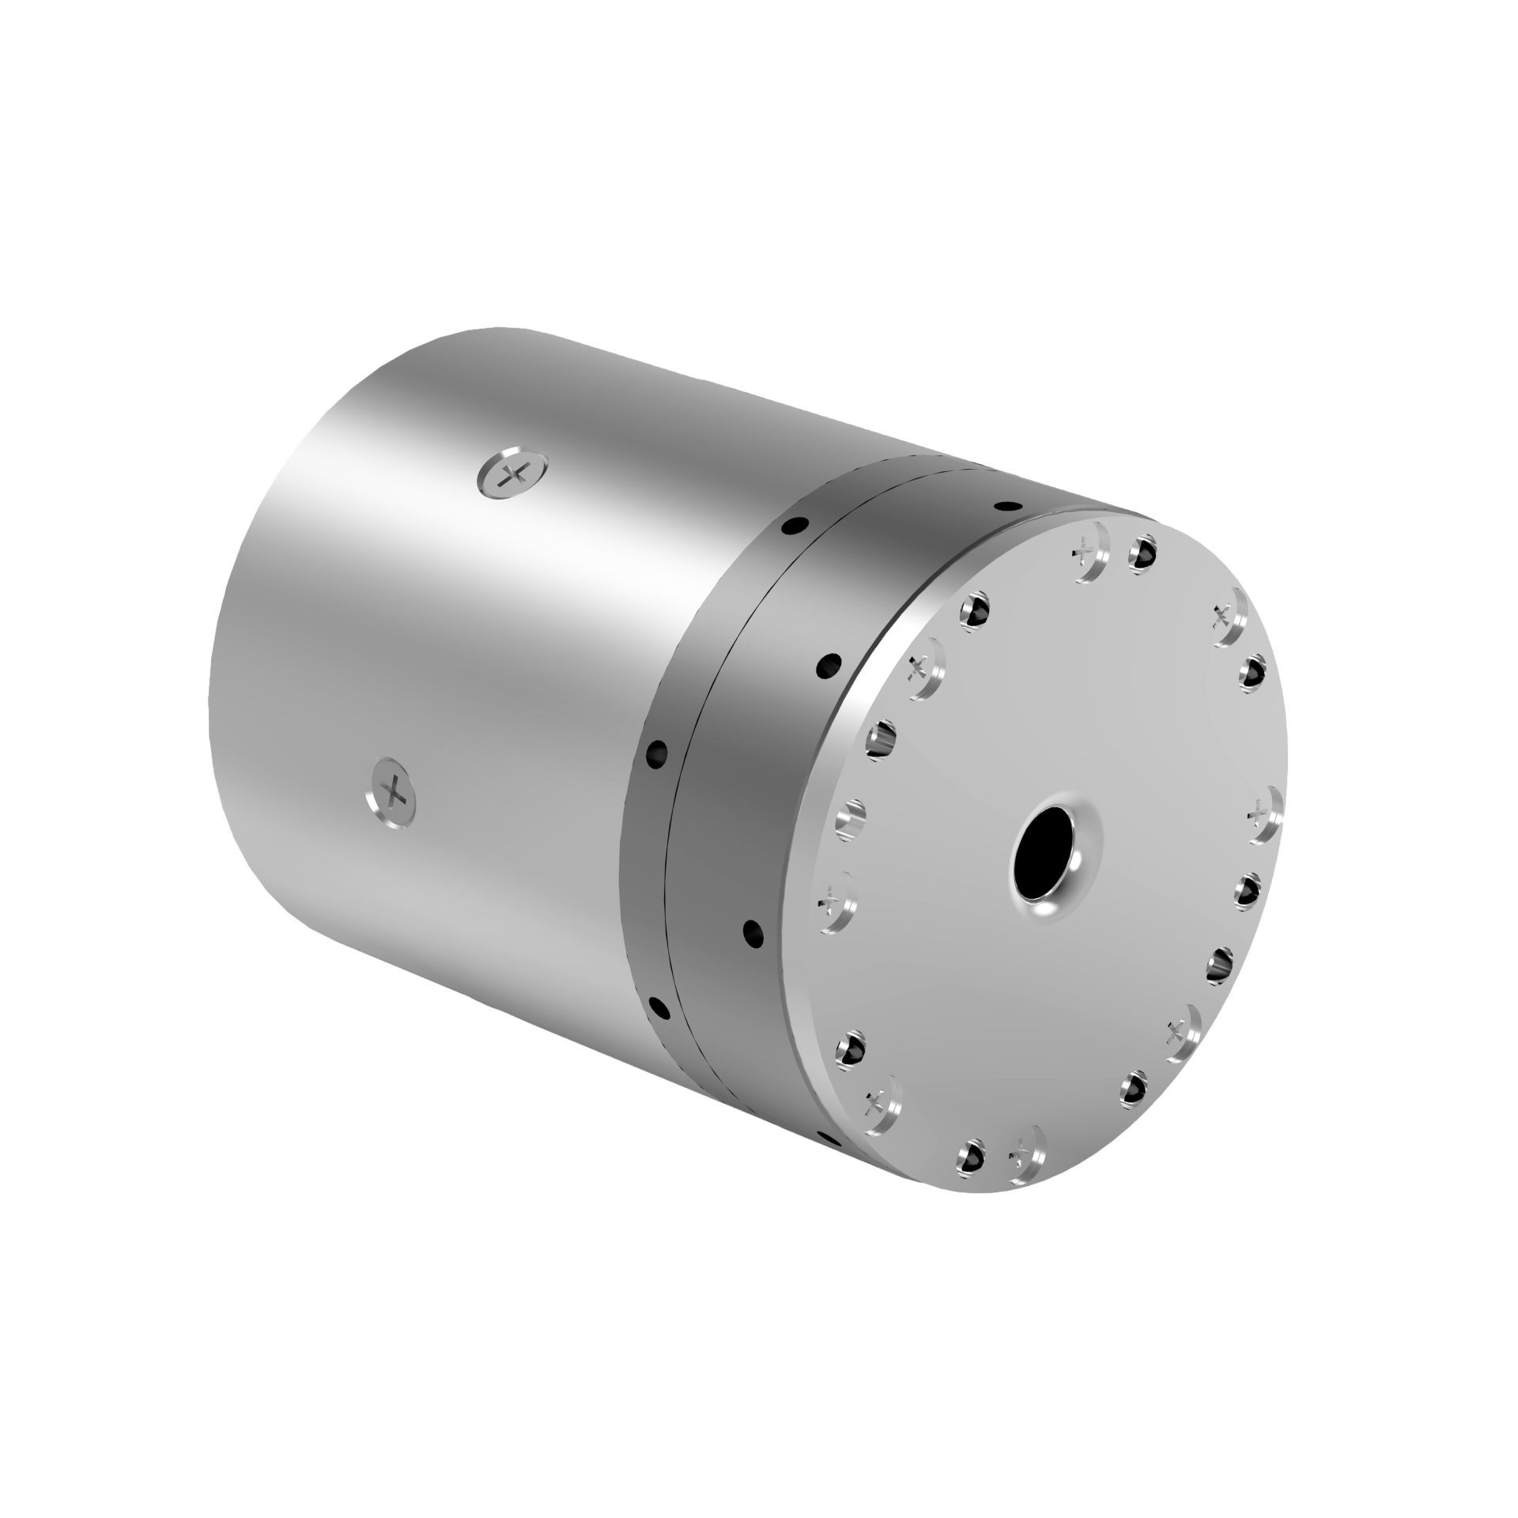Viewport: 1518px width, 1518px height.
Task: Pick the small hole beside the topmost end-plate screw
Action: point(1142,553)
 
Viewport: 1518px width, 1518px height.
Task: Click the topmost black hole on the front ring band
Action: point(1006,505)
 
